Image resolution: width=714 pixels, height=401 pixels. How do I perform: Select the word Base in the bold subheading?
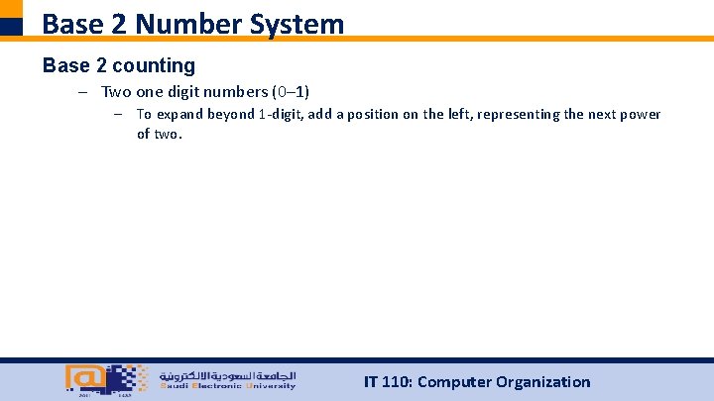pyautogui.click(x=65, y=65)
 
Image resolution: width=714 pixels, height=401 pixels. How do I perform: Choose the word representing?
pyautogui.click(x=525, y=114)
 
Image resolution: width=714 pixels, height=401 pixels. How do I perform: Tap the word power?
pyautogui.click(x=641, y=114)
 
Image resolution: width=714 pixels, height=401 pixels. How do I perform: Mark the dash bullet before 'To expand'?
pyautogui.click(x=118, y=114)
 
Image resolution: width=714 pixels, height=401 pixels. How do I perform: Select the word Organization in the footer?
pyautogui.click(x=541, y=381)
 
